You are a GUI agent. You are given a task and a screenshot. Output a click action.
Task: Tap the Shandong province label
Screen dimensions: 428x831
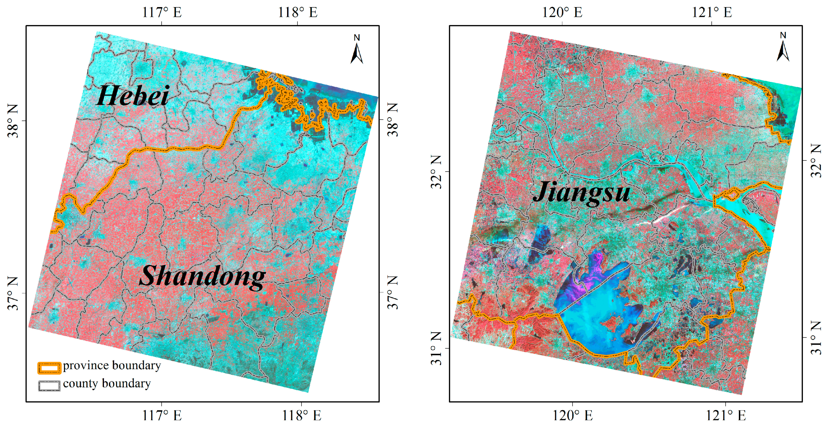[x=202, y=276]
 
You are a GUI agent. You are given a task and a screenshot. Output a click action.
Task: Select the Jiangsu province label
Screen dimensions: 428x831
[x=581, y=193]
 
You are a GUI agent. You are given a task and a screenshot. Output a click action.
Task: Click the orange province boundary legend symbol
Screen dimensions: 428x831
[x=49, y=368]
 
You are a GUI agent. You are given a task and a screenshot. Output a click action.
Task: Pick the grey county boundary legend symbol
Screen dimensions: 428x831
[x=49, y=386]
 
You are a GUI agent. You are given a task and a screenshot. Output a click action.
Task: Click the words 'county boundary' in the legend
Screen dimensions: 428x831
[x=107, y=383]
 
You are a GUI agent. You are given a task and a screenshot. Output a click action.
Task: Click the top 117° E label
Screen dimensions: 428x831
[x=162, y=12]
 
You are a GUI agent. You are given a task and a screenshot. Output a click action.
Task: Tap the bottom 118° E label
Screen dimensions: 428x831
[x=302, y=415]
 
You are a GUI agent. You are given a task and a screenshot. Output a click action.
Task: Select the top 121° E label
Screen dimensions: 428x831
[x=712, y=12]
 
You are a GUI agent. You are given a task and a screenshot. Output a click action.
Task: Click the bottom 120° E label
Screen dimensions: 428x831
[x=573, y=415]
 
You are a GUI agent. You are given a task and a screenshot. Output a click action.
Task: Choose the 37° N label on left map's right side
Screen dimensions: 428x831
[x=392, y=293]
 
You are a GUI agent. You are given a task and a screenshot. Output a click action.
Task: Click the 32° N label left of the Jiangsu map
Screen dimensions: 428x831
[x=436, y=172]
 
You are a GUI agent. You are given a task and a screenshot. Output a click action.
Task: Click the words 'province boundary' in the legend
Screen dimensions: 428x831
[x=112, y=365]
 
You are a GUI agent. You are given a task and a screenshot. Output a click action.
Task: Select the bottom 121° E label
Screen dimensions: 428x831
[x=726, y=415]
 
